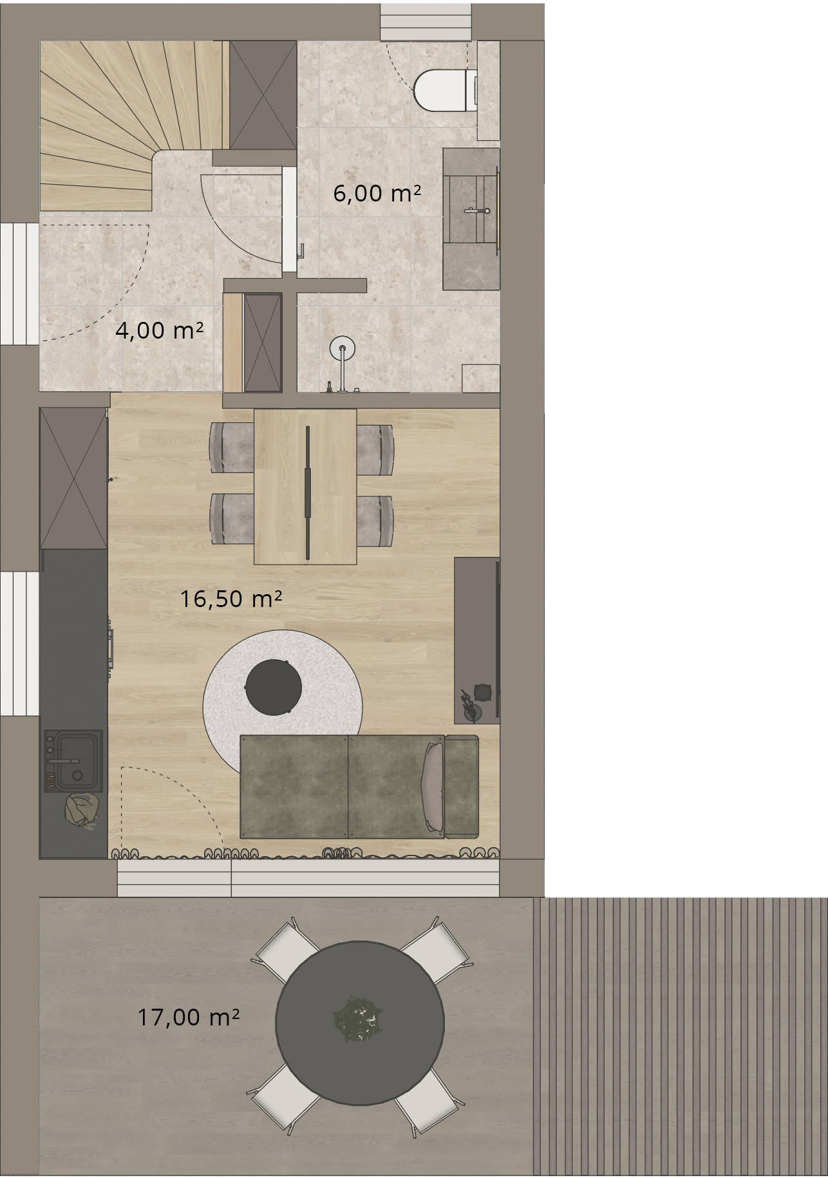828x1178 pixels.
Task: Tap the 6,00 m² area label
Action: (x=377, y=193)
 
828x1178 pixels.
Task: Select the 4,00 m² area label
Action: (x=159, y=330)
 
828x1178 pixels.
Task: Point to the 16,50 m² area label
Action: (x=231, y=599)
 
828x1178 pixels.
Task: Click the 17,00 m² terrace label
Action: (x=188, y=1017)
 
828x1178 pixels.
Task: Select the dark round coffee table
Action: (x=274, y=687)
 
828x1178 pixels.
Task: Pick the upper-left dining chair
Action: (x=232, y=447)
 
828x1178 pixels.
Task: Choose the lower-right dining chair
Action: (x=375, y=521)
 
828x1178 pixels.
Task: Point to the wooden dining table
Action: (x=305, y=486)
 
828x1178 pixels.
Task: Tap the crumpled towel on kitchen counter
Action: (x=82, y=810)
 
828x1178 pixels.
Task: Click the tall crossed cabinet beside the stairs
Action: (x=263, y=95)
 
